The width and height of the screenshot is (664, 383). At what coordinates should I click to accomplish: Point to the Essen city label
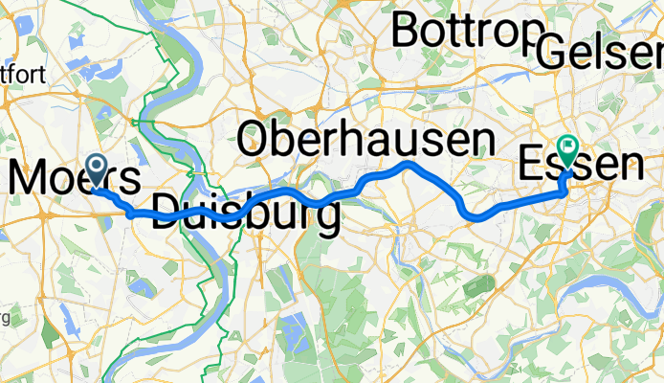pos(579,165)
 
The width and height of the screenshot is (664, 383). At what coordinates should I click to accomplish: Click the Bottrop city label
pos(466,31)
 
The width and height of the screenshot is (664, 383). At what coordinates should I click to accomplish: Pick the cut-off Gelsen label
pos(601,53)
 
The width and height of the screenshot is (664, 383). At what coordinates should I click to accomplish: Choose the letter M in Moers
pos(29,179)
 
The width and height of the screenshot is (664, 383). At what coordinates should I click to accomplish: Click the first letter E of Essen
pos(531,165)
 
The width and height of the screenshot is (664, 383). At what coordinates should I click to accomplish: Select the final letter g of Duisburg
pos(326,218)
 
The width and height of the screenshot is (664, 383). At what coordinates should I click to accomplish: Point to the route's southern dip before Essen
pos(474,216)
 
